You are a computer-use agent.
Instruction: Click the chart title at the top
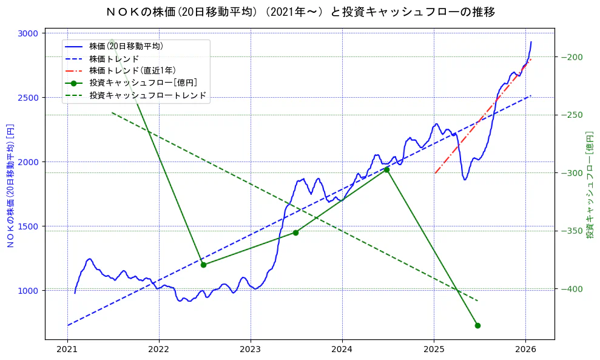300,12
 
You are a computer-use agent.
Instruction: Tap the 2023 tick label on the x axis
251,350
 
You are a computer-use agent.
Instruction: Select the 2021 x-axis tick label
67,350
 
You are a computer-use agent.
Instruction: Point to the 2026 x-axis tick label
525,350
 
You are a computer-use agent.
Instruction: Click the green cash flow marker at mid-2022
203,265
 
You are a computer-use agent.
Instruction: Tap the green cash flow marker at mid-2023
295,233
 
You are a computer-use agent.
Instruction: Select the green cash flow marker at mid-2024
386,170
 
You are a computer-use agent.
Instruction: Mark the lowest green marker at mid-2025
477,325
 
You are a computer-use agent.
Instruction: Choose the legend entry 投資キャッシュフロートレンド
147,95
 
